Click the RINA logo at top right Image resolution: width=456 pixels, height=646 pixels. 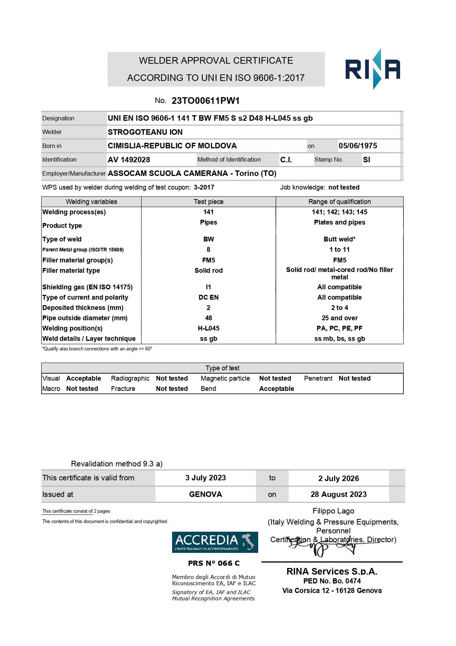(372, 69)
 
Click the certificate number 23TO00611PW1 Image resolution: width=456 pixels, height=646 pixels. (206, 101)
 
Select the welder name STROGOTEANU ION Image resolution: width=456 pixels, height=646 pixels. (145, 132)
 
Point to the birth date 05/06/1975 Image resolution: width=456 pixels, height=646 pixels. (357, 146)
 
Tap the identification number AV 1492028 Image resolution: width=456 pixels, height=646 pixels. (129, 160)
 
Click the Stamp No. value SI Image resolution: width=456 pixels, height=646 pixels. (366, 160)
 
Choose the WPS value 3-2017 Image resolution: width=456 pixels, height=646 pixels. (204, 187)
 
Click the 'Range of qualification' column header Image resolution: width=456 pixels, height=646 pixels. (339, 202)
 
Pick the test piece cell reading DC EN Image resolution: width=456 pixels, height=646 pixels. (209, 297)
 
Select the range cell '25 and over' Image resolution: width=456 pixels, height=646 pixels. (339, 318)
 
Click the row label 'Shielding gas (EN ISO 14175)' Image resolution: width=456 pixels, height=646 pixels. (88, 287)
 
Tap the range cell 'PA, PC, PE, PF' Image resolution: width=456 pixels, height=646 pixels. (339, 328)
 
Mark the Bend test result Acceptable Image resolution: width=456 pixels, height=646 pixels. (276, 389)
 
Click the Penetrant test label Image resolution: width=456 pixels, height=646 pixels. (318, 378)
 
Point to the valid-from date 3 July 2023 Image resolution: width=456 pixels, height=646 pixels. (206, 478)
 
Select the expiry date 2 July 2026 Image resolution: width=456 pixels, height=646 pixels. (338, 479)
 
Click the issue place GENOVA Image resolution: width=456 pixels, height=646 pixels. (205, 494)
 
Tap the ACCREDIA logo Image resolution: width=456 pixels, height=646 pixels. (215, 542)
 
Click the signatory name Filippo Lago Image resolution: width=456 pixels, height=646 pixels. (333, 511)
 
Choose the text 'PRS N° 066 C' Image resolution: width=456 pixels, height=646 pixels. (214, 563)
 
